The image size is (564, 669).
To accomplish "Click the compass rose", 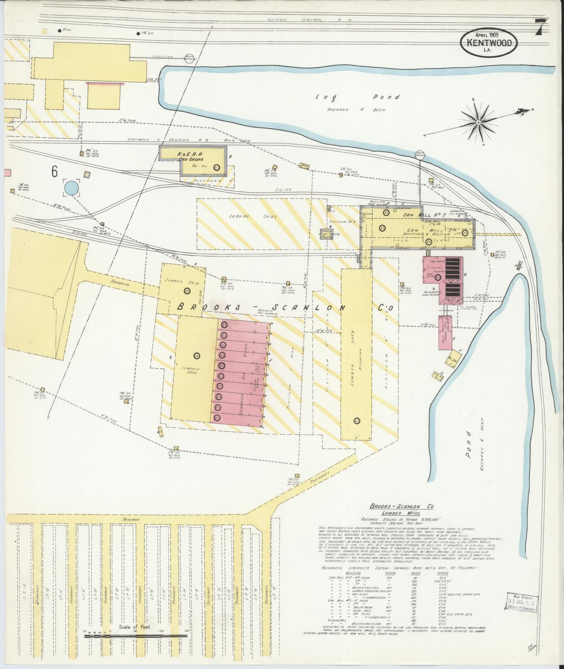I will [478, 122].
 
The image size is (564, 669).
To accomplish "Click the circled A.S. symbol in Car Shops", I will [217, 167].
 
